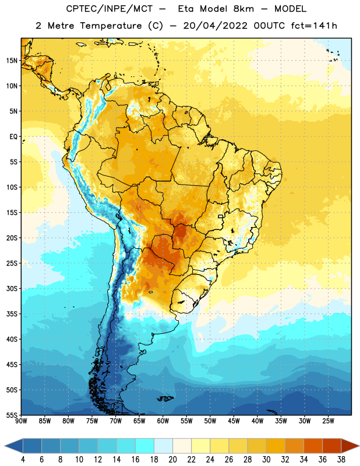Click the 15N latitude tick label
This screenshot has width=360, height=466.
pos(12,61)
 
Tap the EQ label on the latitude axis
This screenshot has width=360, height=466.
pos(13,137)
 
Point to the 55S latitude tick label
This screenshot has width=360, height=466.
pos(12,415)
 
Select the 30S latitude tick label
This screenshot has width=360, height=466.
pos(12,288)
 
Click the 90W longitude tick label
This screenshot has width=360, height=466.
pos(21,421)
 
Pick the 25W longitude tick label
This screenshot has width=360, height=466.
pos(328,421)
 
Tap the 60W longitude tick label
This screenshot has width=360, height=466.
pos(163,421)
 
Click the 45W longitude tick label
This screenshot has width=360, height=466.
pos(234,421)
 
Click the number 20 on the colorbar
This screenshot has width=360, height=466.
pos(172,460)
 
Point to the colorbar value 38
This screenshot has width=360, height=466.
pos(341,460)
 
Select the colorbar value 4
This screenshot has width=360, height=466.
pos(23,460)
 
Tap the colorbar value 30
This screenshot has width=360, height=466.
pos(266,460)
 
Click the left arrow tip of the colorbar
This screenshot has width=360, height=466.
pos(5,446)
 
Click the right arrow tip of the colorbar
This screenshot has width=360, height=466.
pos(359,446)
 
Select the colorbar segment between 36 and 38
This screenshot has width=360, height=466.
pos(332,446)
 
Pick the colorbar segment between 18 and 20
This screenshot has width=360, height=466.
pos(163,446)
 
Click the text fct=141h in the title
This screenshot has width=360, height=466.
pos(314,26)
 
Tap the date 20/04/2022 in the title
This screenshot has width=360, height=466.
pos(216,26)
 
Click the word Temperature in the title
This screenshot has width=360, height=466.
pos(111,26)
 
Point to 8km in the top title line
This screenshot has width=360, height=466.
pos(243,9)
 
